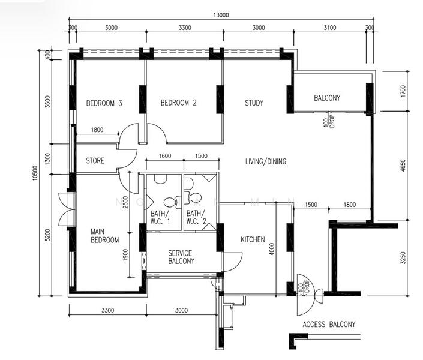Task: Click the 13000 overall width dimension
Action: tap(221, 15)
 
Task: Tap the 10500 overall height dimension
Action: tap(35, 173)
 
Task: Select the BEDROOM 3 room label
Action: tap(104, 103)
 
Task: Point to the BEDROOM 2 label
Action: tap(179, 103)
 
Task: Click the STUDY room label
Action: tap(254, 103)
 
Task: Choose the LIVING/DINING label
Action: tap(266, 161)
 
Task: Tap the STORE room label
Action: tap(95, 161)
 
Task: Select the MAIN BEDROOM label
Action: tap(104, 236)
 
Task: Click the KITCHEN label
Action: tap(253, 239)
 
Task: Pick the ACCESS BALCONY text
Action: tap(329, 324)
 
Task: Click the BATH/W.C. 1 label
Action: tap(160, 218)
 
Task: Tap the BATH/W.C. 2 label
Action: tap(196, 218)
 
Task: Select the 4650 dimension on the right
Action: tap(403, 166)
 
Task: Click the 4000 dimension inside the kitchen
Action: tap(272, 249)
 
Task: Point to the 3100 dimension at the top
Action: tap(329, 28)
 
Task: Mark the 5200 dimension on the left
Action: tap(47, 235)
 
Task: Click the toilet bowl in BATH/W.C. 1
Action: tap(170, 202)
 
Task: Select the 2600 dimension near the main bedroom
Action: tap(125, 202)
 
